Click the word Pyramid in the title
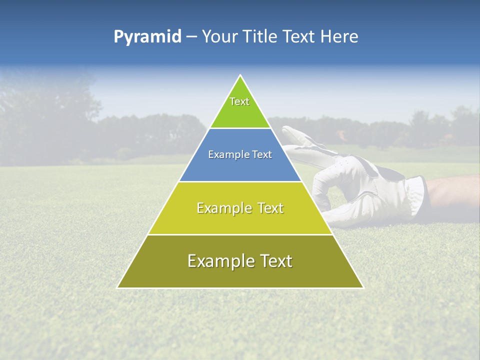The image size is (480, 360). pyautogui.click(x=147, y=37)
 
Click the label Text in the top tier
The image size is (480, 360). pyautogui.click(x=239, y=101)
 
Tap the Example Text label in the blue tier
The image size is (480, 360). pyautogui.click(x=240, y=154)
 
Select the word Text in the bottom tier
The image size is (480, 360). pyautogui.click(x=275, y=261)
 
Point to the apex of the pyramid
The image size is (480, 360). pyautogui.click(x=240, y=76)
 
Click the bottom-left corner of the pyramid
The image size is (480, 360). pyautogui.click(x=118, y=287)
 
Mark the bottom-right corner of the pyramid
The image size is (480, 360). pyautogui.click(x=362, y=287)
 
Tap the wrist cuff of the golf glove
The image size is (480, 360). pyautogui.click(x=416, y=192)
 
